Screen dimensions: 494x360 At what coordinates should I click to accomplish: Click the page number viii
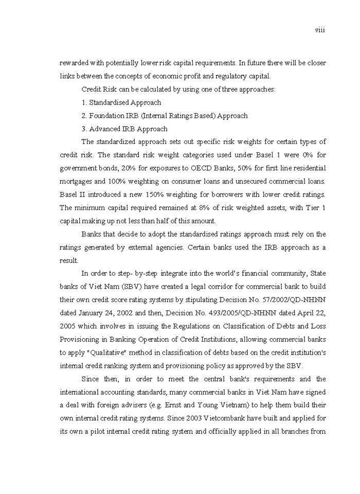point(320,30)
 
